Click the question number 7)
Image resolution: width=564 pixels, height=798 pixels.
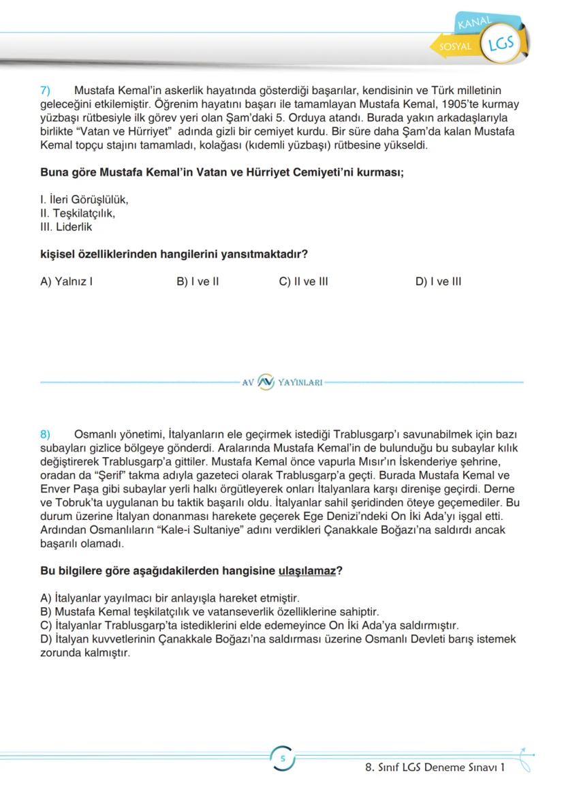pyautogui.click(x=46, y=91)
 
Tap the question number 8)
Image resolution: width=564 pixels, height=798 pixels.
pyautogui.click(x=46, y=434)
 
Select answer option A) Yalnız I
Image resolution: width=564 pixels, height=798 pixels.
pyautogui.click(x=66, y=281)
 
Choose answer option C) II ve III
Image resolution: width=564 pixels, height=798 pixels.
pyautogui.click(x=303, y=281)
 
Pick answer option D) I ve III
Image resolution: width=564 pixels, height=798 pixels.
pyautogui.click(x=438, y=281)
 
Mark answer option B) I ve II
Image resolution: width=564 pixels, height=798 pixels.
pyautogui.click(x=198, y=281)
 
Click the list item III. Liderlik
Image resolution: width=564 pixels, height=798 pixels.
pyautogui.click(x=66, y=227)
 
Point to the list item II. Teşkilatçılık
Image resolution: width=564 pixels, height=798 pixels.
pyautogui.click(x=78, y=213)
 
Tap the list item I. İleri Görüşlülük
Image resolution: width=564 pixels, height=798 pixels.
pyautogui.click(x=84, y=200)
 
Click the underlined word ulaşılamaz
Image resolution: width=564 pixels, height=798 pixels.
pyautogui.click(x=307, y=570)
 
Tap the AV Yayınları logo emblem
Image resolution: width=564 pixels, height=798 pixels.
pyautogui.click(x=266, y=382)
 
